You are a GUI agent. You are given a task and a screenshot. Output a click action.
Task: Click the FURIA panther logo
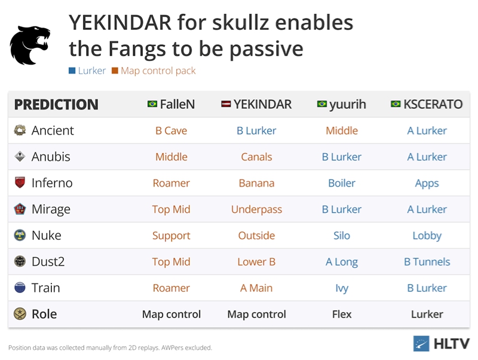(30, 45)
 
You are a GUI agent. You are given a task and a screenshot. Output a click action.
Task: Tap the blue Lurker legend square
(72, 71)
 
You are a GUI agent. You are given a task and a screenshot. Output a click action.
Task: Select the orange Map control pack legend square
(115, 71)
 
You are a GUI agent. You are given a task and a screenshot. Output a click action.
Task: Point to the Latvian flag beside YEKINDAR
(226, 104)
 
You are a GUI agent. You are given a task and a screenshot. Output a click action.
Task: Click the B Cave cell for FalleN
(171, 130)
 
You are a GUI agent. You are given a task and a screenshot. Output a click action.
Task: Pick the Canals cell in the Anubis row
(256, 157)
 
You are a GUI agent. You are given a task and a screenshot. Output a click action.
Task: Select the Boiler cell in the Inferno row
(342, 183)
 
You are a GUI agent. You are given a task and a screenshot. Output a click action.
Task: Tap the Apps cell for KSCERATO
(427, 184)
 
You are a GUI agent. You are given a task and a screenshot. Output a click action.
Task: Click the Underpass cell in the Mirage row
(256, 209)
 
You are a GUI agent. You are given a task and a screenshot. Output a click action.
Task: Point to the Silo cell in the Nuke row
(342, 236)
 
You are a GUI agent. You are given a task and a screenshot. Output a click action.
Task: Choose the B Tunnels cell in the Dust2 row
(427, 262)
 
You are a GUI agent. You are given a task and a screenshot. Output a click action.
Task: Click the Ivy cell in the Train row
(342, 288)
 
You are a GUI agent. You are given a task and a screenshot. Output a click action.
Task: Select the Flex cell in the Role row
(342, 314)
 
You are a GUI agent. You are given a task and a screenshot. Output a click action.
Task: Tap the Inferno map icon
(20, 182)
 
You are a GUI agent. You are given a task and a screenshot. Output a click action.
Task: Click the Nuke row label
(47, 236)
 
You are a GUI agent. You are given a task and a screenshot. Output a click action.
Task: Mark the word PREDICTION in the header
(56, 104)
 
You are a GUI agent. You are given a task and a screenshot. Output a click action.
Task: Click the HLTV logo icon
(421, 343)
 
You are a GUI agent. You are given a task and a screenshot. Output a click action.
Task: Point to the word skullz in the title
(240, 23)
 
